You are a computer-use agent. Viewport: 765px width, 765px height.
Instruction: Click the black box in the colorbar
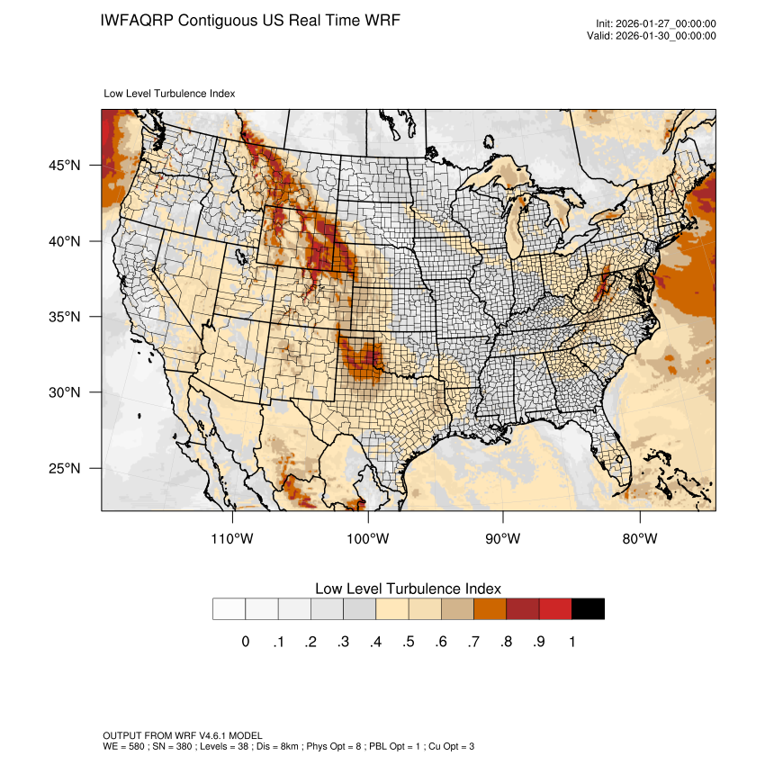pos(588,609)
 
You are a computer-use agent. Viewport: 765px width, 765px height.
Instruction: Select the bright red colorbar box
pos(555,609)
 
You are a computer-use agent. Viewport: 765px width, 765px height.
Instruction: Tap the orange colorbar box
pos(490,609)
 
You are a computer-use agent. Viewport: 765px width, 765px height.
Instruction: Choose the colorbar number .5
pos(408,642)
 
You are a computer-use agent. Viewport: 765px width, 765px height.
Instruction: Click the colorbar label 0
pos(245,642)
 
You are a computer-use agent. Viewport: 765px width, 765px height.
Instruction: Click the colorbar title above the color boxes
pos(408,588)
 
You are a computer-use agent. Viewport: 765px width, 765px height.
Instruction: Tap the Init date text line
pos(655,23)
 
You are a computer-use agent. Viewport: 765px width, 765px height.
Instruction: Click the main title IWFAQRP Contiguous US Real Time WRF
pos(249,20)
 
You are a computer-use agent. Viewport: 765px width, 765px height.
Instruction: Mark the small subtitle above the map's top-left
pos(170,93)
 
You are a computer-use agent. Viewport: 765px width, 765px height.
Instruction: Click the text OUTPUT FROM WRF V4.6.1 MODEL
pos(182,735)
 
